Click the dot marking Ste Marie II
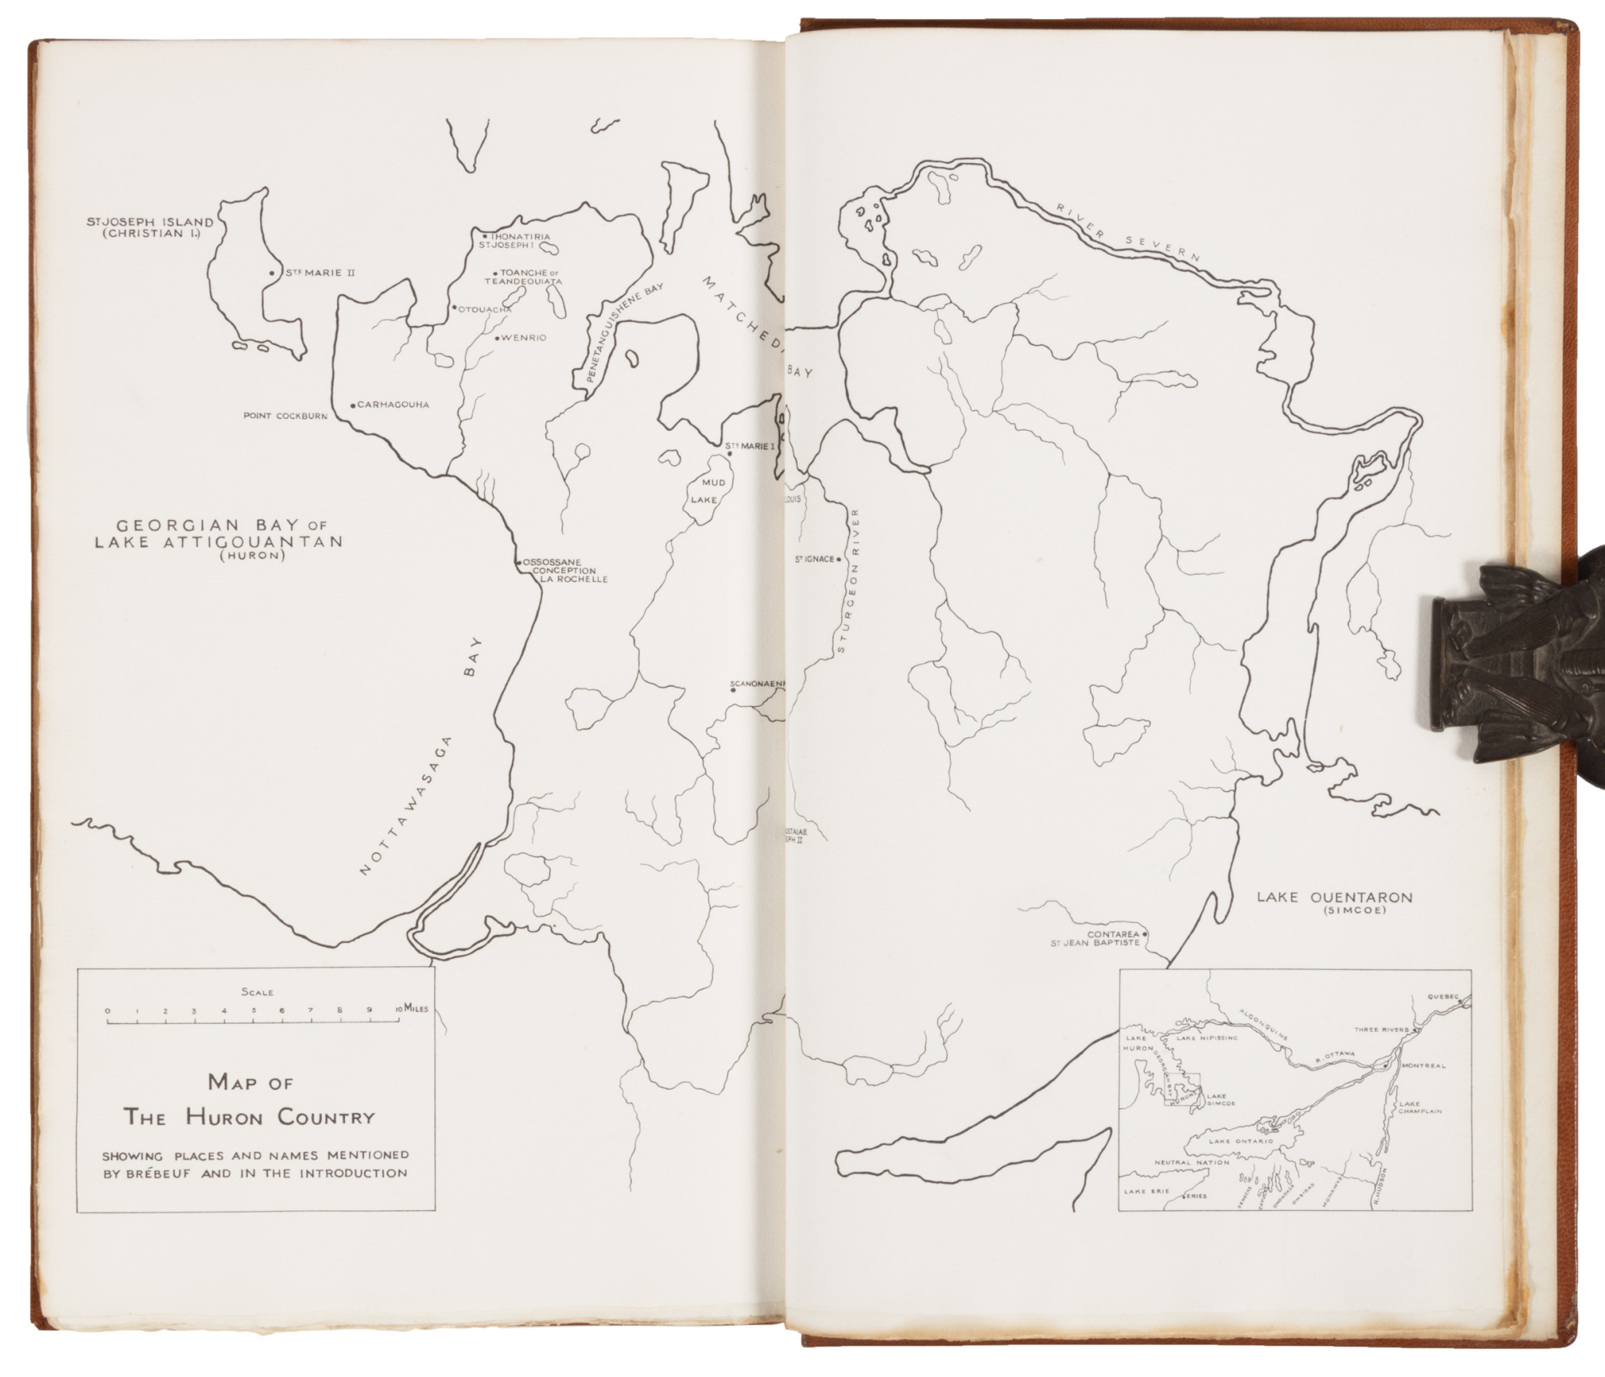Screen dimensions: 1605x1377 click(x=272, y=274)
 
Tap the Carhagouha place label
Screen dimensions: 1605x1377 click(x=392, y=404)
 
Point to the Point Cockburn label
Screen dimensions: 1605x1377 click(x=285, y=416)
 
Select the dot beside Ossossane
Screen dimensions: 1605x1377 click(x=518, y=563)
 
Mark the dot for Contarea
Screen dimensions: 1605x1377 click(x=1145, y=933)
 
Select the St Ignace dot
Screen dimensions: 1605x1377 click(x=838, y=559)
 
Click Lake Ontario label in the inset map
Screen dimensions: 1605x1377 click(x=1241, y=1140)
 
